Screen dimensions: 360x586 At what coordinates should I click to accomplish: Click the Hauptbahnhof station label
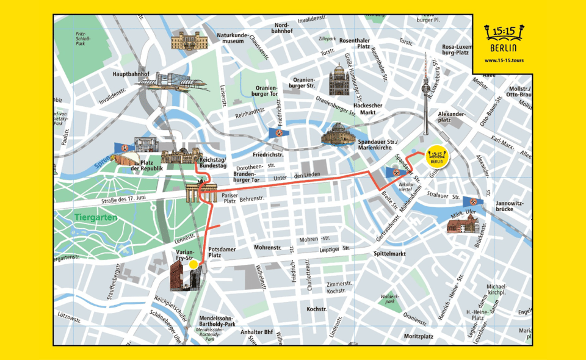coord(132,74)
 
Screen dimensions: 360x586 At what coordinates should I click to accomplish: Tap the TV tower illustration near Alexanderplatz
coord(425,92)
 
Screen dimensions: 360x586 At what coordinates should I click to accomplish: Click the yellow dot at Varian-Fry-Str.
coord(194,265)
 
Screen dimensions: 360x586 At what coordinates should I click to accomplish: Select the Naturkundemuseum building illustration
coord(189,40)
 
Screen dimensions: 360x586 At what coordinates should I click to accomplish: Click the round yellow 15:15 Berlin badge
coord(436,156)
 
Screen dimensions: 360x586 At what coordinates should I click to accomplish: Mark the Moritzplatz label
coord(418,336)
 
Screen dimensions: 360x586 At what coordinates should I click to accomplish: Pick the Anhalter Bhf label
coord(256,333)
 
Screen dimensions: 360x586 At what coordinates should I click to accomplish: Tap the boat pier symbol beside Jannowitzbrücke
coord(472,201)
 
